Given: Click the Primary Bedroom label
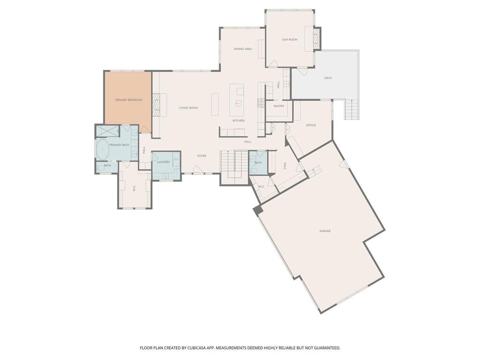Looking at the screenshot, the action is (128, 100).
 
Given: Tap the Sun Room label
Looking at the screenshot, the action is (290, 39).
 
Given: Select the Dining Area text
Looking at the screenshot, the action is (243, 49).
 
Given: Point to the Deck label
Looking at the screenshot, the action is (328, 78).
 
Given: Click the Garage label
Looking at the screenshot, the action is (325, 231).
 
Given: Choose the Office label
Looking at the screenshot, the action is (311, 125).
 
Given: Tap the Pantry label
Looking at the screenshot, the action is (279, 106).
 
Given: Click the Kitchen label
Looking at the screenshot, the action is (239, 120).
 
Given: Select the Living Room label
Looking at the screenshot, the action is (188, 108).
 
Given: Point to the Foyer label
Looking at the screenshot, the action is (202, 156).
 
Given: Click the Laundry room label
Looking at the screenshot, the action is (164, 162).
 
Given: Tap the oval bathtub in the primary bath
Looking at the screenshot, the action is (103, 149).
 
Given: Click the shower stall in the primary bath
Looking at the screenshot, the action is (108, 131).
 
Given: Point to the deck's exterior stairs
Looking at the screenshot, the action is (352, 110).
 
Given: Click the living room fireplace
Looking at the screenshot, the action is (157, 105).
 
